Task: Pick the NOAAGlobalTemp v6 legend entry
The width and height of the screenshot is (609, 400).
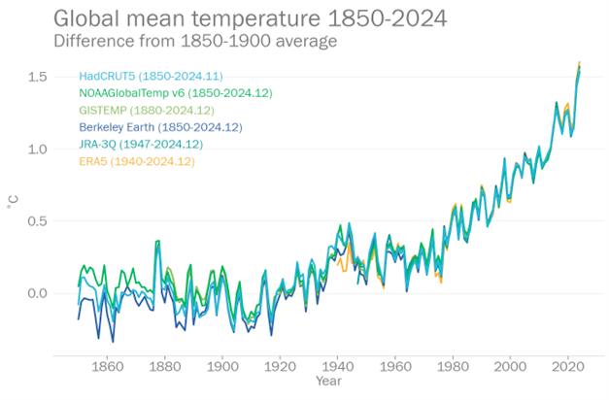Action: click(175, 93)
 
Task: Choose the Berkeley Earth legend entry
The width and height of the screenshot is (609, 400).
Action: click(160, 127)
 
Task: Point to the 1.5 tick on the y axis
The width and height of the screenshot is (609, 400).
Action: click(36, 77)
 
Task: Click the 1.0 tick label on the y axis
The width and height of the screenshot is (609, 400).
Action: click(36, 150)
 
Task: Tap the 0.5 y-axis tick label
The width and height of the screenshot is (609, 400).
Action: click(36, 221)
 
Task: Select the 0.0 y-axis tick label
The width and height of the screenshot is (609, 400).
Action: click(36, 293)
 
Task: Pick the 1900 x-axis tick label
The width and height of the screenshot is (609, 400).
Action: click(222, 366)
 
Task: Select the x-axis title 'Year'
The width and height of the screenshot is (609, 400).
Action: click(328, 382)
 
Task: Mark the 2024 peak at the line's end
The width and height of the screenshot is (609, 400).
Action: click(580, 64)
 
